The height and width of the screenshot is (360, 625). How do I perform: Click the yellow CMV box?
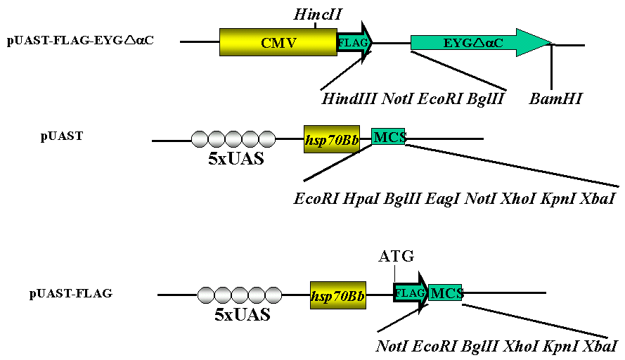pos(278,43)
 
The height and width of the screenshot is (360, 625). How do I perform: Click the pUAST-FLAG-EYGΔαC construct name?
pos(81,39)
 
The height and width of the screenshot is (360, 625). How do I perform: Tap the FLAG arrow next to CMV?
pos(354,43)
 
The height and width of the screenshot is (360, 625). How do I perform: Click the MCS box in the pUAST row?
pos(389,137)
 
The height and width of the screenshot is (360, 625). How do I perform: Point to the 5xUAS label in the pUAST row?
pos(236,158)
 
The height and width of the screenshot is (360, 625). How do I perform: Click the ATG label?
pos(397,255)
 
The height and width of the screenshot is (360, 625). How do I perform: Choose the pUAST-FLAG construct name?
pos(70,292)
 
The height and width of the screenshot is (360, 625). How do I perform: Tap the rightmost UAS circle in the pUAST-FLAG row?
pos(273,294)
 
